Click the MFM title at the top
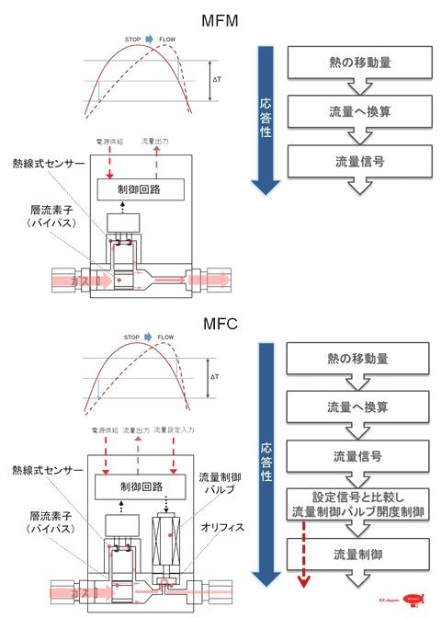click(x=220, y=18)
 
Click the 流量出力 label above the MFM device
click(x=155, y=143)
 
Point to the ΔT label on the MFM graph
click(x=217, y=79)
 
